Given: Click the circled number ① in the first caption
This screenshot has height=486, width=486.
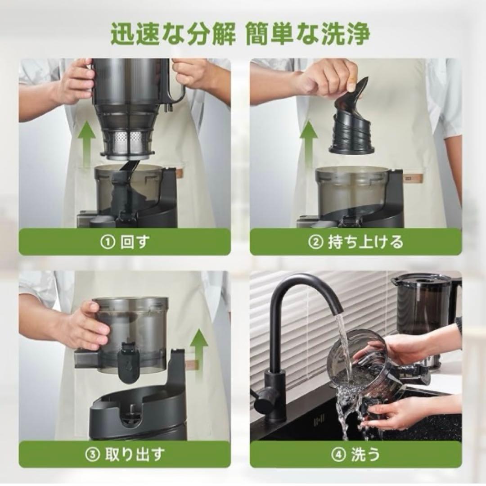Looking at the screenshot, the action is click(107, 242).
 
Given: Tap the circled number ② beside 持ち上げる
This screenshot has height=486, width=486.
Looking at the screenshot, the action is click(315, 242).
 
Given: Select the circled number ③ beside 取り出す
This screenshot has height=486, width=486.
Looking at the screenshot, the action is click(93, 454).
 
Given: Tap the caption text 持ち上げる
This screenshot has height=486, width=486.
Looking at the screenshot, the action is click(366, 242).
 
